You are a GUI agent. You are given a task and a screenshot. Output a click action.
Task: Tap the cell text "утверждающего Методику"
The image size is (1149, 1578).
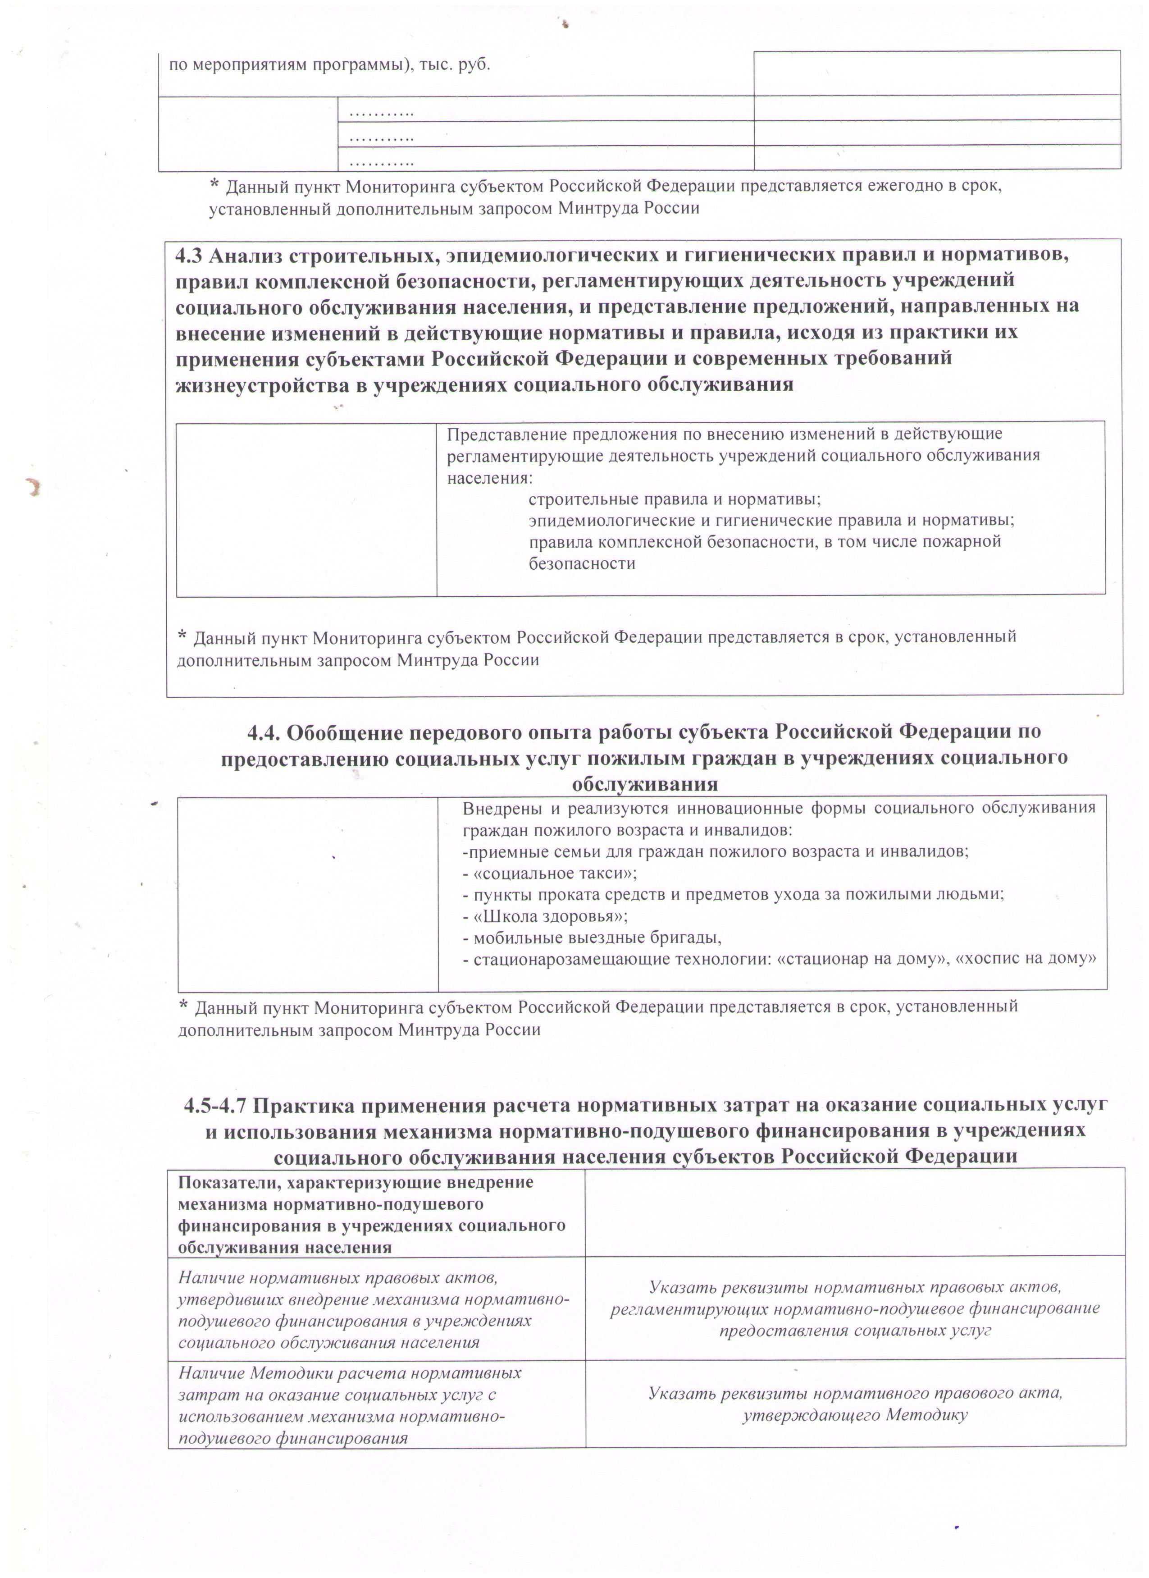[x=855, y=1415]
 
